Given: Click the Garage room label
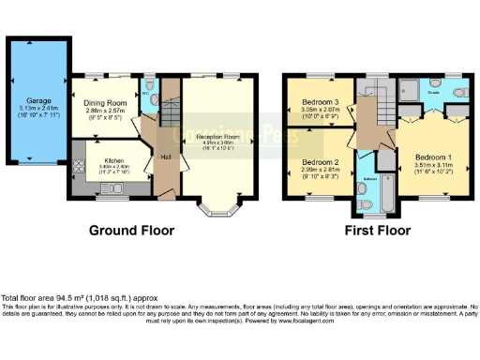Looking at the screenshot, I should click(37, 99).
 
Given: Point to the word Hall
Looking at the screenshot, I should click(165, 157).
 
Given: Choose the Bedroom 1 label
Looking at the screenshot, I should click(433, 156).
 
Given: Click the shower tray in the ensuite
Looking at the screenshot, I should click(410, 91).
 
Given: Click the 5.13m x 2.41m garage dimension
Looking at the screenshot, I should click(37, 110).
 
